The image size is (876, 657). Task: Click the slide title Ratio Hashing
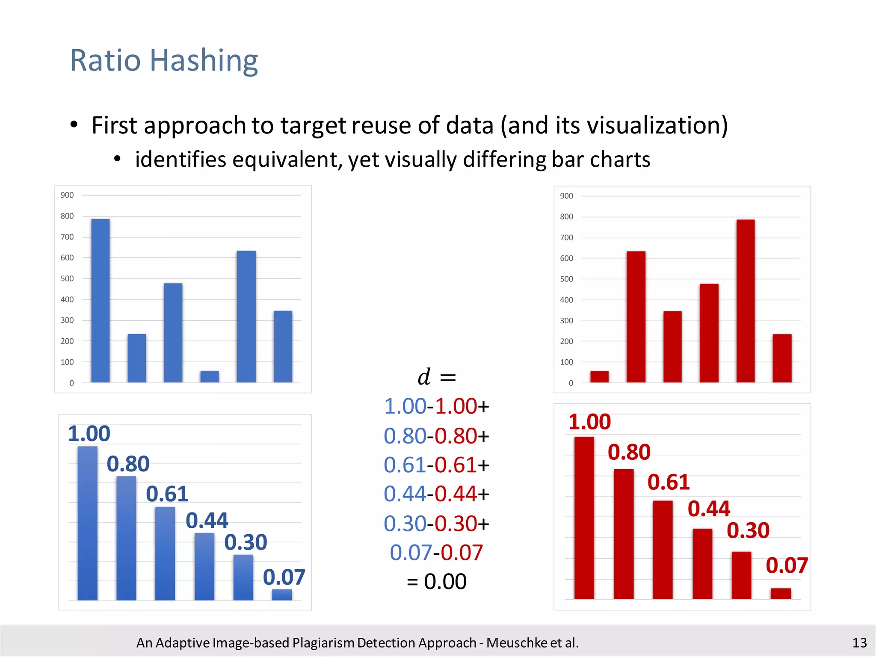click(x=164, y=60)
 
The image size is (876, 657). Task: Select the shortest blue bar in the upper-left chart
click(x=210, y=376)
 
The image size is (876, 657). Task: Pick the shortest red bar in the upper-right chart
click(x=599, y=376)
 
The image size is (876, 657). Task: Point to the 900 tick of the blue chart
click(x=67, y=195)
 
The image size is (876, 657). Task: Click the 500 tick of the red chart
click(x=566, y=279)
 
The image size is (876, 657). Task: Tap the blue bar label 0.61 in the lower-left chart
click(x=167, y=494)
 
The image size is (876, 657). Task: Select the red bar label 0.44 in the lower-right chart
click(x=709, y=509)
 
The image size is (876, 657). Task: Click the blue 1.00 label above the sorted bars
click(x=89, y=434)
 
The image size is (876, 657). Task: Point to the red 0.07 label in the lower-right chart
click(x=787, y=565)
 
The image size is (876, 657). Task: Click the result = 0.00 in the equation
click(x=437, y=582)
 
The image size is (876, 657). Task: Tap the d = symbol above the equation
click(x=436, y=377)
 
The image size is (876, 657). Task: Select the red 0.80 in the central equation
click(x=456, y=436)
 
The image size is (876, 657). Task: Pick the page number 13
click(x=859, y=642)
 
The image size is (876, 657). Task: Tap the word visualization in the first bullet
click(x=657, y=126)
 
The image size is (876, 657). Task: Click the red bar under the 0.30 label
click(x=741, y=575)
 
